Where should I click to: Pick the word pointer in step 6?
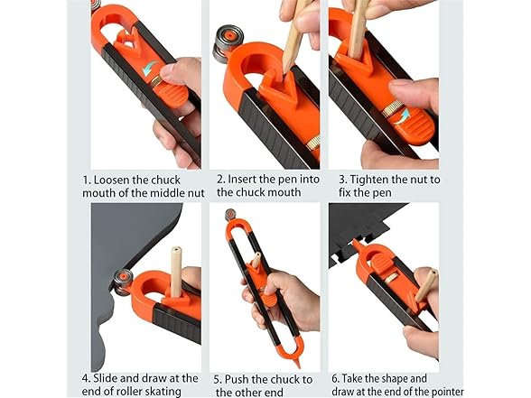tap(443, 391)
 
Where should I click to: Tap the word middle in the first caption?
tap(161, 192)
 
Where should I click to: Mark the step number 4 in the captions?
tap(86, 377)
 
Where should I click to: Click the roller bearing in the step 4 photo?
tap(120, 278)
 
